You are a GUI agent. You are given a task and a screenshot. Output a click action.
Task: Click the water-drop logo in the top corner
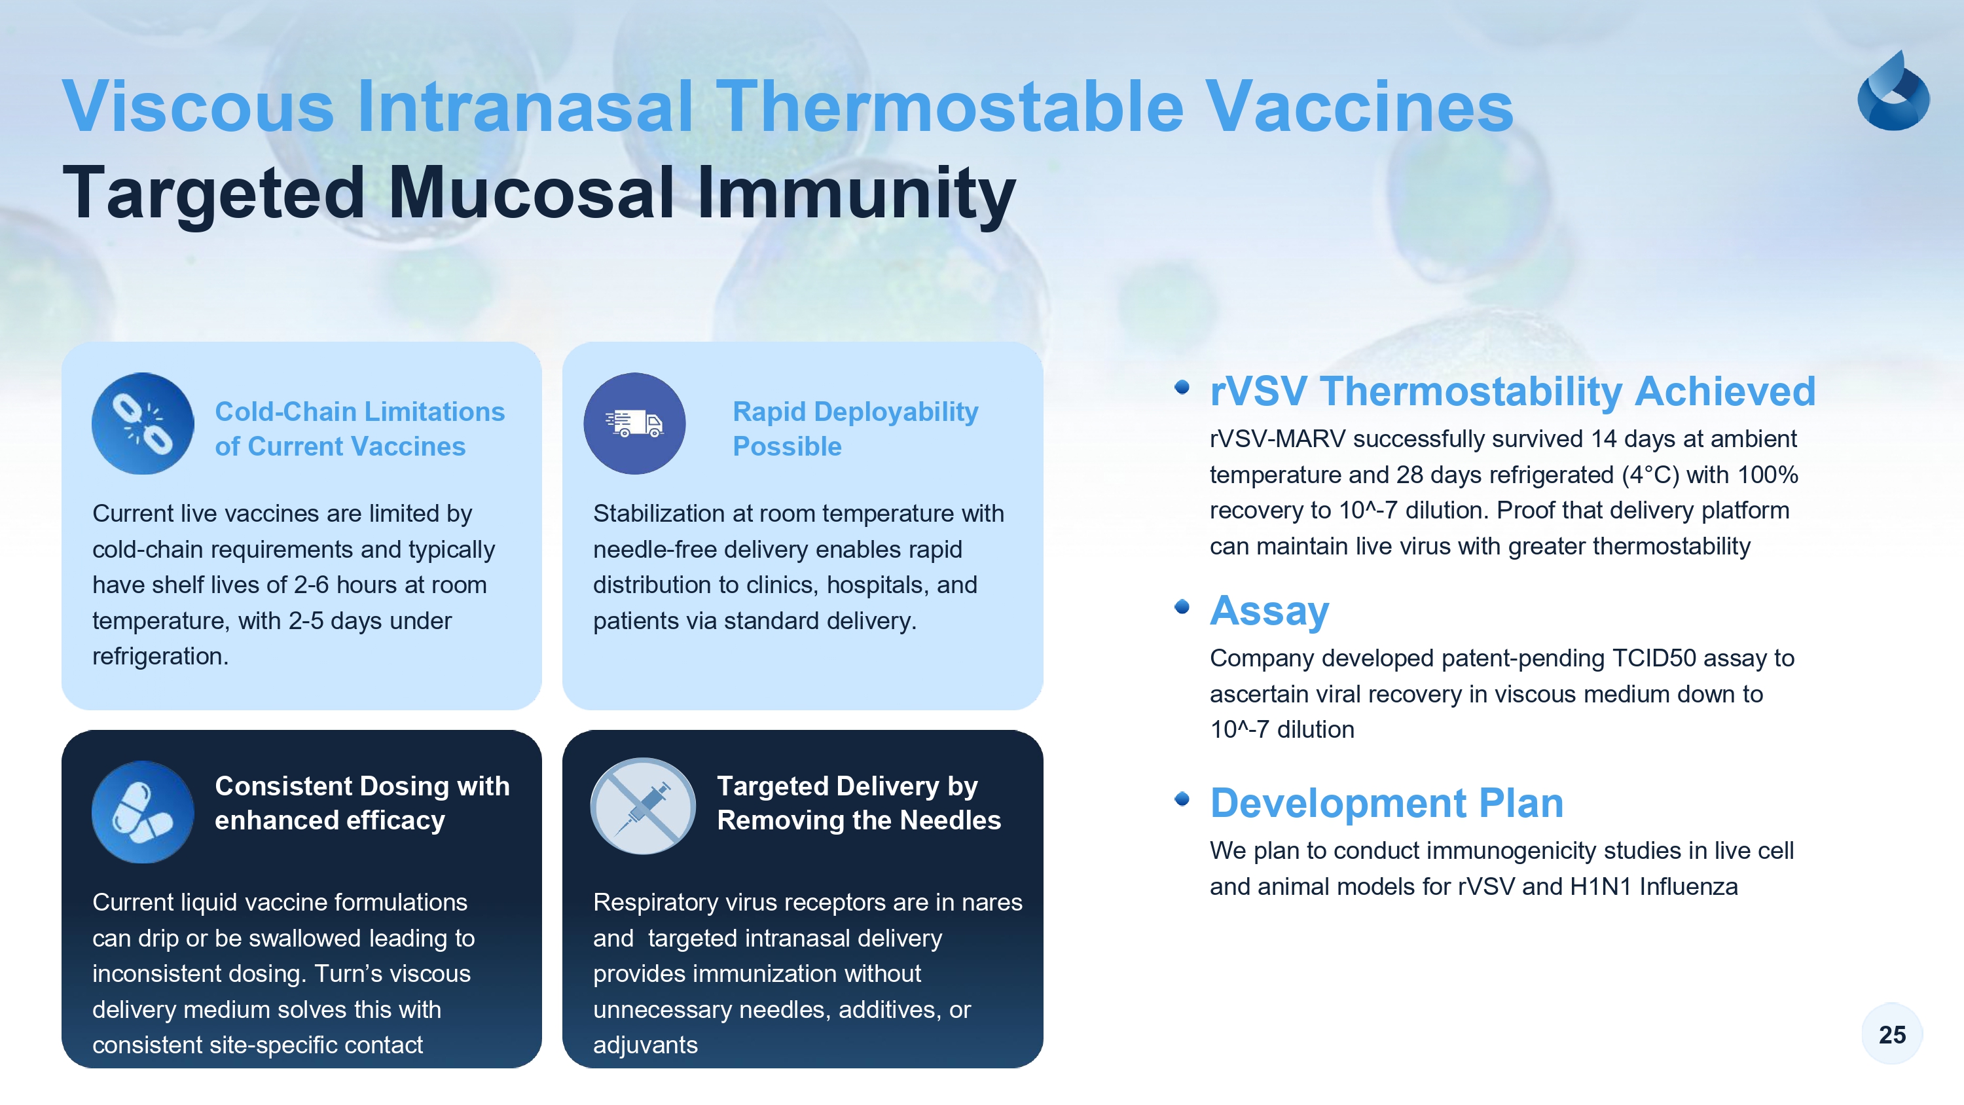[1893, 91]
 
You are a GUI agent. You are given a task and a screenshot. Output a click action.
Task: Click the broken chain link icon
[143, 424]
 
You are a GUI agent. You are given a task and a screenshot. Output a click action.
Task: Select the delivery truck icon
[634, 424]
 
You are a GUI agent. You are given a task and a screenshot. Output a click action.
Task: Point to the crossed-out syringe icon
[643, 806]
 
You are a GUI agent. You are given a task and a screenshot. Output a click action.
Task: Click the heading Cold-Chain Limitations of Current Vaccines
[360, 429]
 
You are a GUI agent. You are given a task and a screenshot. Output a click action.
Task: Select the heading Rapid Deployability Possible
[856, 429]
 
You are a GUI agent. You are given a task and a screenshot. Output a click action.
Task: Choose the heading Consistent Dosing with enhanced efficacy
[362, 803]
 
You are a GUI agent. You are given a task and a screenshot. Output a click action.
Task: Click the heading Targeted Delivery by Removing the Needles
[858, 803]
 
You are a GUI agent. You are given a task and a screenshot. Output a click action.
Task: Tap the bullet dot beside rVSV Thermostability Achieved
[1182, 388]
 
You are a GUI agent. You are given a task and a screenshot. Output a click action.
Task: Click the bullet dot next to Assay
[1182, 606]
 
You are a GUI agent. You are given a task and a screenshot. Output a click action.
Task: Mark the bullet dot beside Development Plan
[1182, 799]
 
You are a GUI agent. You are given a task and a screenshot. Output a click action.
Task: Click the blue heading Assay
[1269, 611]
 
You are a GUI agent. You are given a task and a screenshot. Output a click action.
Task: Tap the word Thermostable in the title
[949, 106]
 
